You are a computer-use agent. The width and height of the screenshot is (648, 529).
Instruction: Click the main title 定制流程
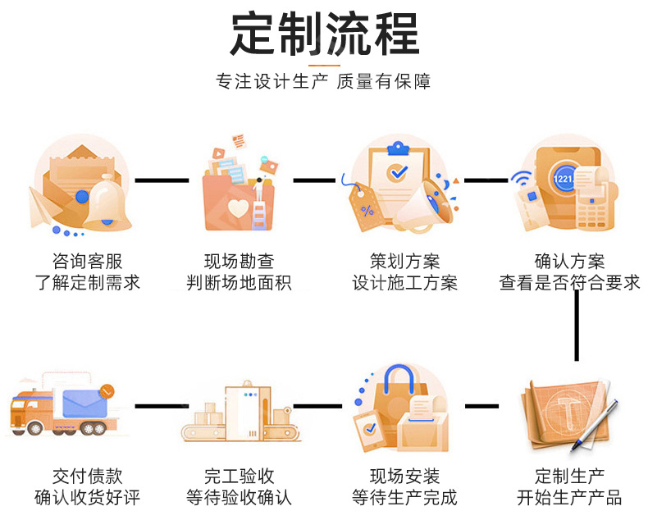[324, 34]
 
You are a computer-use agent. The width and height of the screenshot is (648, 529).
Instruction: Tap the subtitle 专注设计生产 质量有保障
[324, 81]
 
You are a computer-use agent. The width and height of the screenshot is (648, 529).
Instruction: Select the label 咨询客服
[87, 262]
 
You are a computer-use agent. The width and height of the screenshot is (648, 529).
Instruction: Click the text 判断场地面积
[239, 284]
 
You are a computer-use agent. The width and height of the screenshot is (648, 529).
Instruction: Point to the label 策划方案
[404, 262]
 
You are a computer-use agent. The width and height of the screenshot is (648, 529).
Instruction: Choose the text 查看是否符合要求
[569, 284]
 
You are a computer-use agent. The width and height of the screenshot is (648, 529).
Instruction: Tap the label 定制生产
[569, 476]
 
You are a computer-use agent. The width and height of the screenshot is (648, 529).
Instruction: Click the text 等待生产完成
[404, 498]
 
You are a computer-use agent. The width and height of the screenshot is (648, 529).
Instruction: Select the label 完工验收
[239, 476]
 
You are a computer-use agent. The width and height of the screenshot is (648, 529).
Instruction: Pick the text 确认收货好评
[87, 498]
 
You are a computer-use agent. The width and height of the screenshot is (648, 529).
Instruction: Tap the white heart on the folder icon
[238, 206]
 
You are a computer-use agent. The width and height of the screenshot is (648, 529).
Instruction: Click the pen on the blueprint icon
[595, 422]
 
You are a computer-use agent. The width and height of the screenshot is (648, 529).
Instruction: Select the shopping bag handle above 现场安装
[403, 379]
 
